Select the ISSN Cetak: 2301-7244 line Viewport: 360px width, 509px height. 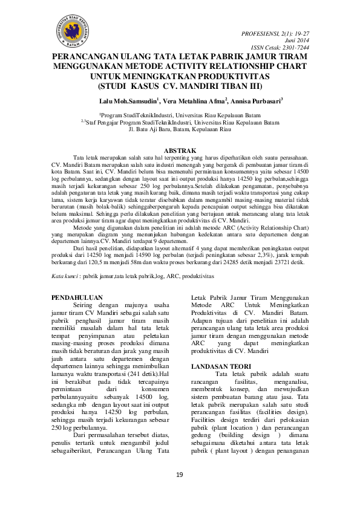[x=280, y=47]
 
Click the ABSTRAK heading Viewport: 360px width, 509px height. [x=180, y=149]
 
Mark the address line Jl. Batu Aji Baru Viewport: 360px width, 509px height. [x=180, y=128]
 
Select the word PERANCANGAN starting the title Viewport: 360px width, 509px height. [x=85, y=57]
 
